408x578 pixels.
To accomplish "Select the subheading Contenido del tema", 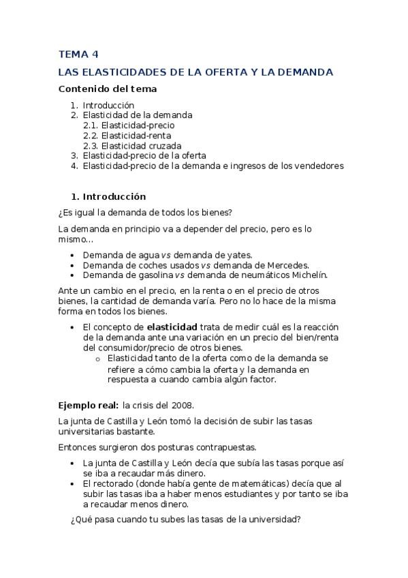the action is click(x=108, y=89).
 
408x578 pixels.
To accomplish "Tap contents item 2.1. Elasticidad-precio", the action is click(x=129, y=125).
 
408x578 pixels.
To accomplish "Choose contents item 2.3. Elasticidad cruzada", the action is click(x=132, y=145).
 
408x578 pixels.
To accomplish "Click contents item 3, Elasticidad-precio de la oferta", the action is click(x=144, y=155).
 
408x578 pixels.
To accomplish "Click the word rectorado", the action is click(x=112, y=483).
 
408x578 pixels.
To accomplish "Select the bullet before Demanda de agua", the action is click(x=73, y=255).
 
